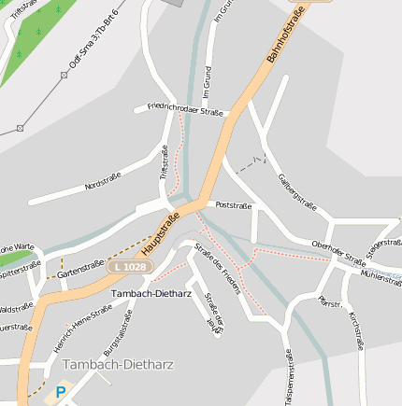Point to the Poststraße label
click(234, 203)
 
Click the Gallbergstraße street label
click(298, 192)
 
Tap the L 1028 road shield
click(128, 267)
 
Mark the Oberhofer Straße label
click(338, 253)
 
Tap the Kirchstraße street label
click(356, 331)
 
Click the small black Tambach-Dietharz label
click(151, 293)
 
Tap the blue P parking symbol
click(61, 393)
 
